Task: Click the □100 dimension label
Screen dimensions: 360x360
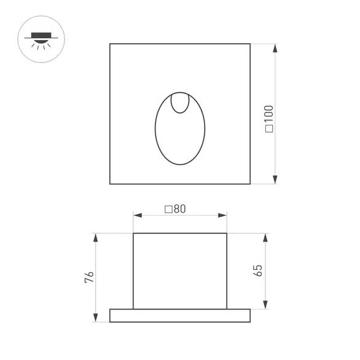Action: tap(269, 119)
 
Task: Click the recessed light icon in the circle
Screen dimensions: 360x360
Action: tap(41, 37)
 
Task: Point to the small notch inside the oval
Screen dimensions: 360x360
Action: tap(180, 103)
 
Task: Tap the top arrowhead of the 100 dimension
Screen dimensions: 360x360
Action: tap(275, 47)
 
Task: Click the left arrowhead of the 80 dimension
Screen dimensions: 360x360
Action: tap(136, 216)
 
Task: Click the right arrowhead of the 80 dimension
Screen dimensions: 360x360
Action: tap(224, 216)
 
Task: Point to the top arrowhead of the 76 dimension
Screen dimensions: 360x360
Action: tap(96, 237)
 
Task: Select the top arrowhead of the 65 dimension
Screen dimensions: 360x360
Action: tap(265, 237)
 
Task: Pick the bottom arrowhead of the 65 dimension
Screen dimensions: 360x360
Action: tap(265, 305)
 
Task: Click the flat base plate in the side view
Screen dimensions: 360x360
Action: tap(180, 315)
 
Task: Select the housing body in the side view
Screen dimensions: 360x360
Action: tap(180, 270)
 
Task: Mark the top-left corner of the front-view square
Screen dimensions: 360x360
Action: tap(110, 44)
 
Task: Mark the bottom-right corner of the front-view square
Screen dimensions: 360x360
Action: tap(250, 184)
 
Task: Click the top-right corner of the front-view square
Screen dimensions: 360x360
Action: tap(250, 44)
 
